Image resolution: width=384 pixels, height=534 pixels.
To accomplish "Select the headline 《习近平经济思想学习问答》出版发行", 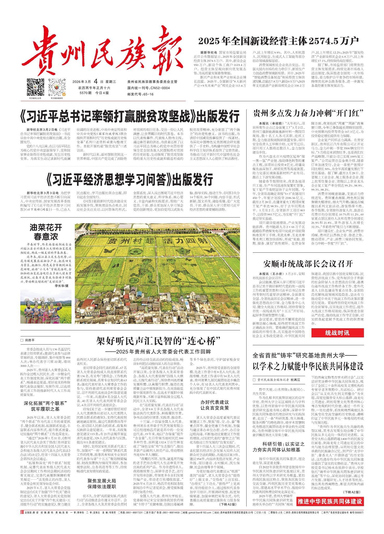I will (129, 180).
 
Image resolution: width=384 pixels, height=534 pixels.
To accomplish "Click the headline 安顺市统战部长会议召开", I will (308, 264).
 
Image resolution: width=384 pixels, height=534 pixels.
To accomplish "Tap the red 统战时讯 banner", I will (337, 333).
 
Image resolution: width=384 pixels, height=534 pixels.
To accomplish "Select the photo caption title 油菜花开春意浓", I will (46, 232).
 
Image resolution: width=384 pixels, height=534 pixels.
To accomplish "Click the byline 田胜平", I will (29, 340).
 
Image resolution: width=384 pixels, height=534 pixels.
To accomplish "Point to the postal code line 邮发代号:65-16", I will (140, 94).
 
